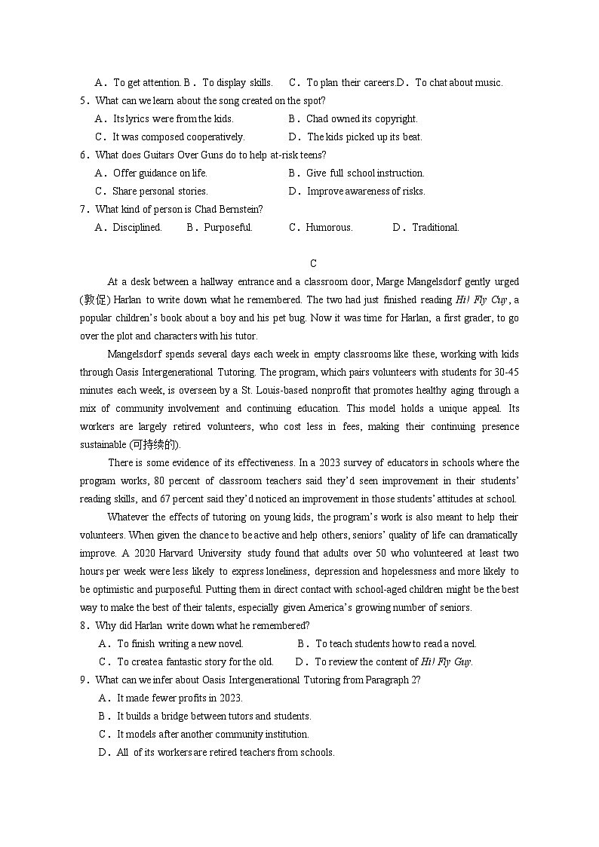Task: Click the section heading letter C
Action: coord(313,263)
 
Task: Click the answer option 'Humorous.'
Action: coord(329,227)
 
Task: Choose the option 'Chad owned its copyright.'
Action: coord(361,118)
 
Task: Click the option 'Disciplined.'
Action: coord(137,227)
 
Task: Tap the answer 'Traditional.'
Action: coord(435,227)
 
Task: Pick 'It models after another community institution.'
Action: coord(213,734)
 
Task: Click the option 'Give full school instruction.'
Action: coord(365,173)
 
